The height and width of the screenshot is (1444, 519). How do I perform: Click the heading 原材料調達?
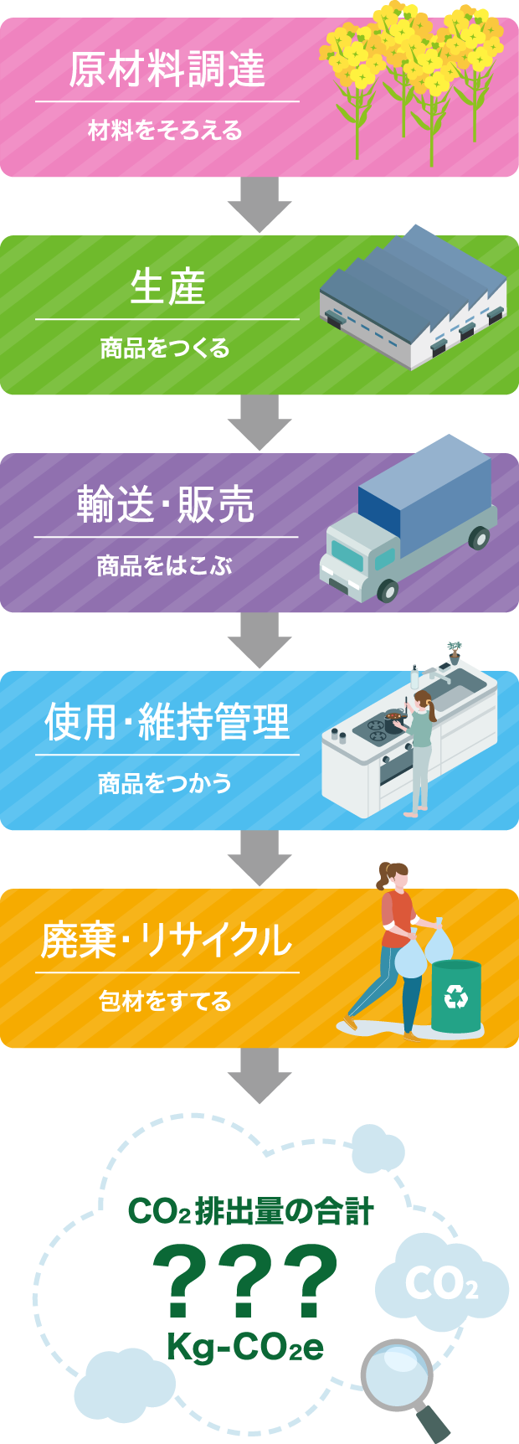pyautogui.click(x=167, y=70)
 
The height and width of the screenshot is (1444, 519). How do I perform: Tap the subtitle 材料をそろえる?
pyautogui.click(x=166, y=131)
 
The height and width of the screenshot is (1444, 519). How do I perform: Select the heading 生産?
pyautogui.click(x=167, y=287)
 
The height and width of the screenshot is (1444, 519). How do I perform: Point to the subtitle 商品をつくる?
pyautogui.click(x=166, y=348)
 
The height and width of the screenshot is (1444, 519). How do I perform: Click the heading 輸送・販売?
pyautogui.click(x=166, y=505)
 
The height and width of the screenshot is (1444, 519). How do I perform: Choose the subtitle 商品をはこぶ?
pyautogui.click(x=165, y=566)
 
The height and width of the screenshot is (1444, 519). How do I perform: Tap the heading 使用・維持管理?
pyautogui.click(x=167, y=722)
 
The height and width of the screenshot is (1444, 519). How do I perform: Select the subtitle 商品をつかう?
pyautogui.click(x=165, y=784)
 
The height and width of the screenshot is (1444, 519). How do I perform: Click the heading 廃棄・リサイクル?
pyautogui.click(x=167, y=940)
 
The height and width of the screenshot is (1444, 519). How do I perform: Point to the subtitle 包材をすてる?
pyautogui.click(x=165, y=1002)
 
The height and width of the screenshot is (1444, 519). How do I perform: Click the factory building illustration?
pyautogui.click(x=414, y=297)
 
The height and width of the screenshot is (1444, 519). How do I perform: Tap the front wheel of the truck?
pyautogui.click(x=388, y=590)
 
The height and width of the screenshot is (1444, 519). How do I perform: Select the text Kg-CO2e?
pyautogui.click(x=245, y=1348)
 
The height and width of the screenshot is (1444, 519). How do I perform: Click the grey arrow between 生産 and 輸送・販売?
pyautogui.click(x=259, y=423)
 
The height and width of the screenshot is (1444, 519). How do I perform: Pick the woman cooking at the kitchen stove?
pyautogui.click(x=421, y=745)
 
